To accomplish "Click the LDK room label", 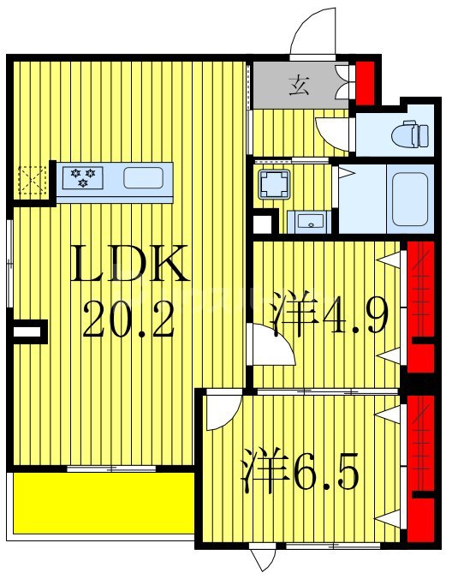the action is pyautogui.click(x=129, y=263).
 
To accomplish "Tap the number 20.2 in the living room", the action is pyautogui.click(x=128, y=319).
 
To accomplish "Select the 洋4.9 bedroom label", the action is pyautogui.click(x=330, y=313).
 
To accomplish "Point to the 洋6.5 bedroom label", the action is pyautogui.click(x=300, y=469).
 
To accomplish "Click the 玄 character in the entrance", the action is pyautogui.click(x=299, y=86).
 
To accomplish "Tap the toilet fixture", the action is pyautogui.click(x=410, y=134).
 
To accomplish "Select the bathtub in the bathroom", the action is pyautogui.click(x=410, y=199).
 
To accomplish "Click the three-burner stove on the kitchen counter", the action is pyautogui.click(x=83, y=177).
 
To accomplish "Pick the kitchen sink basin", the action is pyautogui.click(x=144, y=177).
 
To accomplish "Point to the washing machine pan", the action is pyautogui.click(x=273, y=184).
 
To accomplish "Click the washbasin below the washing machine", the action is pyautogui.click(x=310, y=222).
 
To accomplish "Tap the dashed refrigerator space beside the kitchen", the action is pyautogui.click(x=33, y=180).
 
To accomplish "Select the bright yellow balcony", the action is pyautogui.click(x=104, y=503).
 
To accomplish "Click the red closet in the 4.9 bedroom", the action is pyautogui.click(x=420, y=307).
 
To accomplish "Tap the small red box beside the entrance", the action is pyautogui.click(x=365, y=83).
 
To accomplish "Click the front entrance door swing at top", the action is pyautogui.click(x=313, y=32).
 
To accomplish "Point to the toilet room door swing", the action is pyautogui.click(x=332, y=134).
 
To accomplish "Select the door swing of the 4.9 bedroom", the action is pyautogui.click(x=271, y=344).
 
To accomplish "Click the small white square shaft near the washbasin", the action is pyautogui.click(x=262, y=224).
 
